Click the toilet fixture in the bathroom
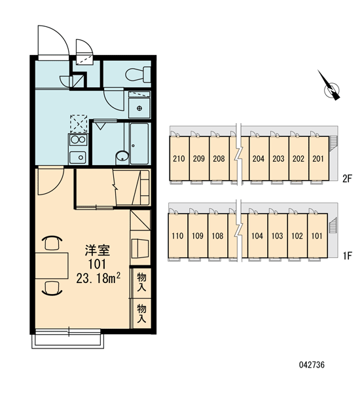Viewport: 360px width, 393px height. (138, 74)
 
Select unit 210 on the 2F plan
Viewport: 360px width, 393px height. (179, 159)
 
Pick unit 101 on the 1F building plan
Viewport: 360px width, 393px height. (317, 236)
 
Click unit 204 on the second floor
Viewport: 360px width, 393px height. (259, 159)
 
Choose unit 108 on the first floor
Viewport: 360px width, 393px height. (217, 236)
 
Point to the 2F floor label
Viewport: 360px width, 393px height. (347, 179)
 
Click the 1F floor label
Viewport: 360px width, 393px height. (347, 256)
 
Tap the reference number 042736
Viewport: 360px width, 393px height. (312, 365)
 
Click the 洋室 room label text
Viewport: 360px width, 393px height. (98, 250)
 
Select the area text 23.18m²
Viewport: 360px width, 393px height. (98, 278)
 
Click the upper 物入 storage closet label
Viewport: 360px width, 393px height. (141, 282)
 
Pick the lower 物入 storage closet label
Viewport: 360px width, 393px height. (141, 313)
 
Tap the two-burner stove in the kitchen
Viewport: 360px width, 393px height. (78, 140)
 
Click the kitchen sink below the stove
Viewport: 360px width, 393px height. (78, 157)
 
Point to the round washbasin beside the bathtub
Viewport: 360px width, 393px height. (122, 156)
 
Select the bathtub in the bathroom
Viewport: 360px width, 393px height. (140, 144)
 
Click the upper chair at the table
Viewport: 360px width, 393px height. (53, 242)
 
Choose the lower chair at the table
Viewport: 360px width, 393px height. (52, 288)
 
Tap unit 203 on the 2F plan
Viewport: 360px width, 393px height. (279, 159)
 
